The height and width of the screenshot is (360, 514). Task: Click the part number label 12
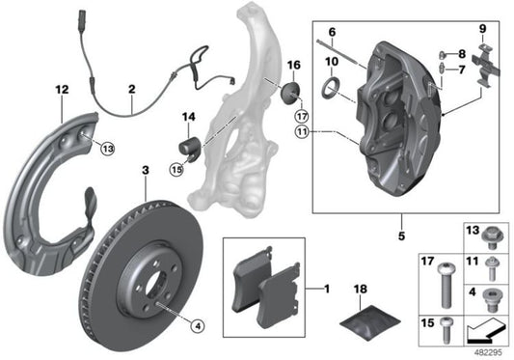click(x=62, y=90)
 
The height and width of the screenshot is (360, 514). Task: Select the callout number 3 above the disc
click(x=146, y=171)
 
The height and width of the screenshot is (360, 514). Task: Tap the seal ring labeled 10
click(x=330, y=91)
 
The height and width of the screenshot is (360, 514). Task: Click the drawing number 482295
click(x=490, y=352)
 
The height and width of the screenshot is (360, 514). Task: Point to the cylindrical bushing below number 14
click(x=187, y=150)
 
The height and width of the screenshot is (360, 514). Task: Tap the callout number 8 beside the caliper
click(x=462, y=54)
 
